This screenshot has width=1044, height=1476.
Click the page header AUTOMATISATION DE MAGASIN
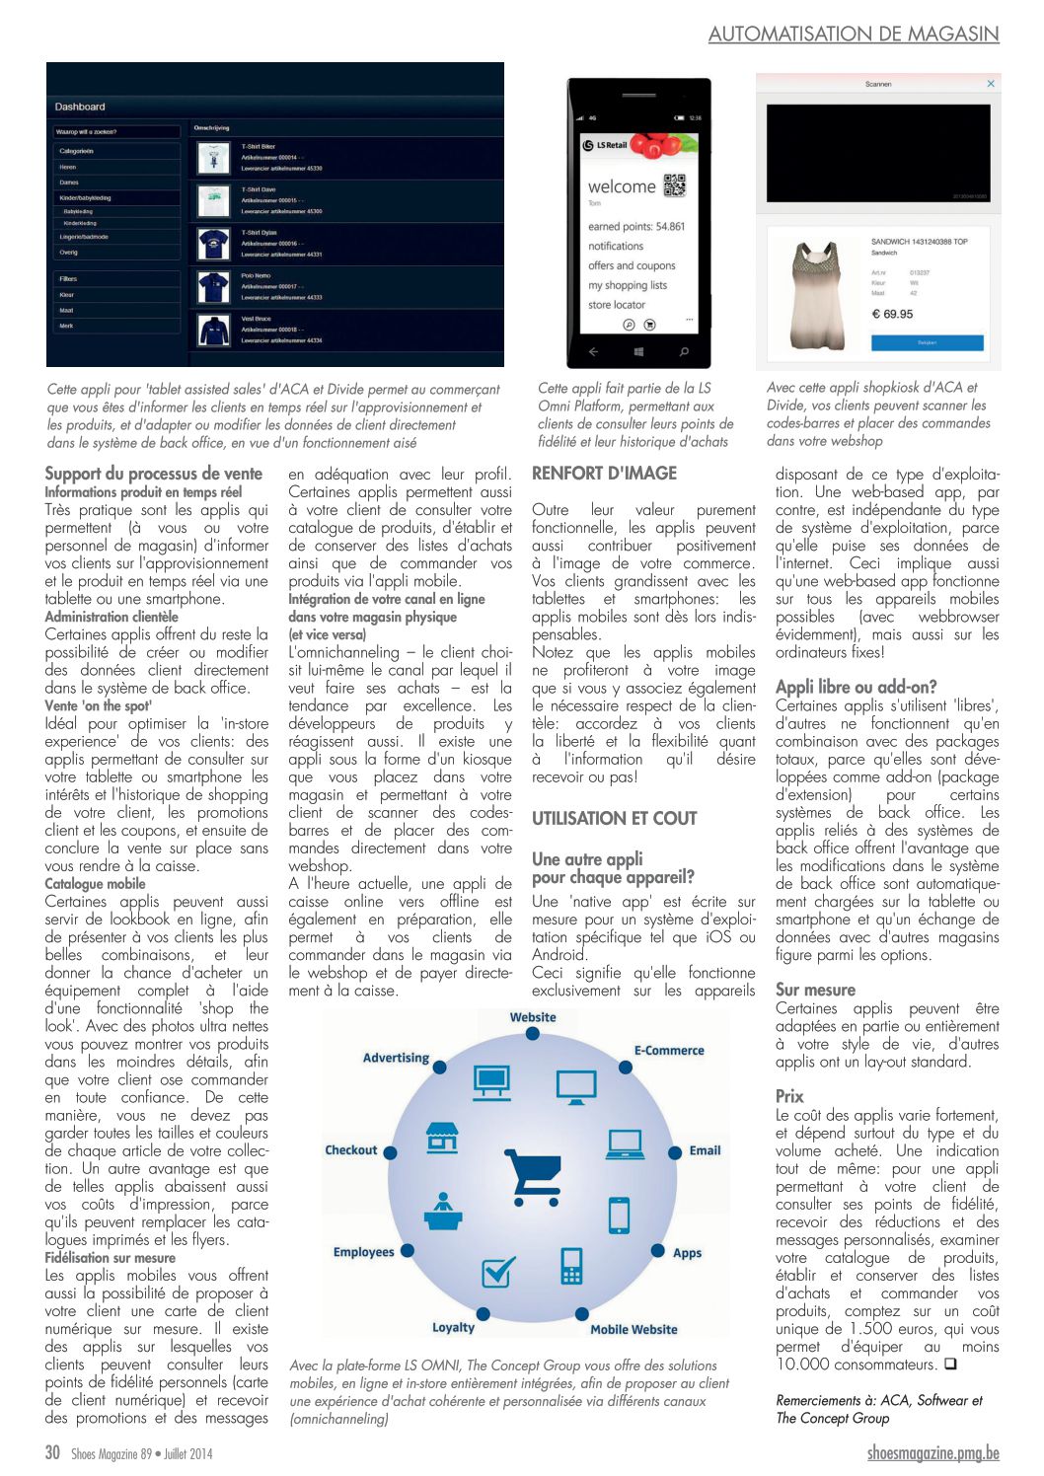(853, 34)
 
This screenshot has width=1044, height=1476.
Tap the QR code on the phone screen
(674, 184)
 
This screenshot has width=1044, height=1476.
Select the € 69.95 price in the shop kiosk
(892, 314)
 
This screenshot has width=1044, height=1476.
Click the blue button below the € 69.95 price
(927, 341)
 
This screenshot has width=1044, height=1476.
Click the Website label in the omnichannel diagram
(533, 1017)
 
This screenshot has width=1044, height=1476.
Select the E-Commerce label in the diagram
(669, 1051)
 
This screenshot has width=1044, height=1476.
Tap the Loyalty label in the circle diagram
(453, 1327)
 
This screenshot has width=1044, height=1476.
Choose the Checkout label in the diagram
(351, 1150)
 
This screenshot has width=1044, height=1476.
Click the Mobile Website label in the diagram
(634, 1329)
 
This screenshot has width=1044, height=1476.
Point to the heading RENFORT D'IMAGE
(604, 474)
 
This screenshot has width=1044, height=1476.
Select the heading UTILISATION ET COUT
(614, 818)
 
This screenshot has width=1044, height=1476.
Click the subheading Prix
(789, 1096)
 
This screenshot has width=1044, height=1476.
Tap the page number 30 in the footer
(52, 1452)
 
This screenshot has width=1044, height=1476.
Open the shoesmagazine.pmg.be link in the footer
(932, 1453)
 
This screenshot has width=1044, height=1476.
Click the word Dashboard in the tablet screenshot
(80, 107)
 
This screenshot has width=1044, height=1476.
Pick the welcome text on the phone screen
(622, 186)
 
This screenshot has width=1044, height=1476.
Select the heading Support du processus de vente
(154, 474)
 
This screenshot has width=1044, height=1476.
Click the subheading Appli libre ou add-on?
(856, 687)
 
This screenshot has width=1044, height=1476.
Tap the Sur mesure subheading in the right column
(815, 990)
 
